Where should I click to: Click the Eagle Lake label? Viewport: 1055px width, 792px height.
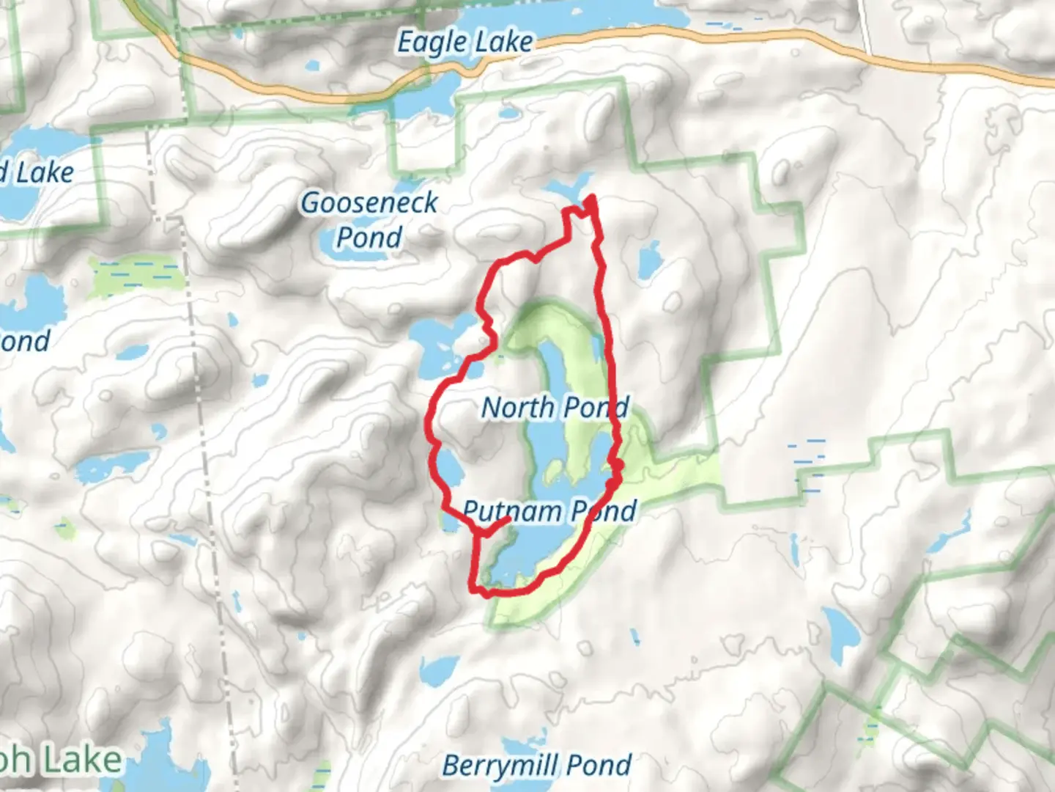click(x=464, y=43)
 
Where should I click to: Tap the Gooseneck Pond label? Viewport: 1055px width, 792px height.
click(x=369, y=219)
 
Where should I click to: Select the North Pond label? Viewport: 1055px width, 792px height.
click(x=555, y=407)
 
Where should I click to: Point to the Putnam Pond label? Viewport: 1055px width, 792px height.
click(x=549, y=511)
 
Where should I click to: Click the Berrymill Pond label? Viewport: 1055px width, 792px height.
click(x=536, y=766)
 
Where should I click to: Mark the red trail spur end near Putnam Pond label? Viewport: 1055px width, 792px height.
click(x=508, y=519)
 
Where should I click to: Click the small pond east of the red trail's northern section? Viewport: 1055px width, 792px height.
click(x=649, y=260)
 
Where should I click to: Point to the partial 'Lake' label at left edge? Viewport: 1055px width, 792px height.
click(x=40, y=173)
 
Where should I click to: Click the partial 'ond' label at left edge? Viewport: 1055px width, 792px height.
click(x=26, y=341)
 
